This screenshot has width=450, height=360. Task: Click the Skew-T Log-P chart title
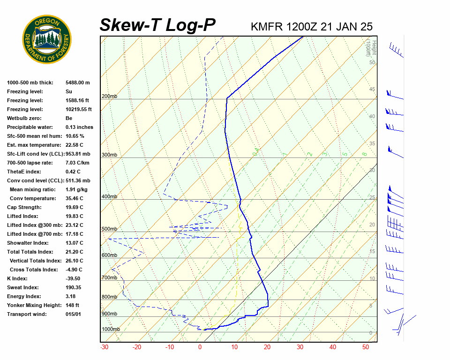pos(157,25)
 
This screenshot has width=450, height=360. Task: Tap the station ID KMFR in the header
pos(267,27)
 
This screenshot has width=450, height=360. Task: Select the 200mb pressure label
pos(109,96)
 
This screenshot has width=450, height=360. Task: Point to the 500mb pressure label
pos(109,229)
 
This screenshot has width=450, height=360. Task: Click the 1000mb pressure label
pos(111,329)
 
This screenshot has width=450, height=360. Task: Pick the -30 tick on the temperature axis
pos(105,347)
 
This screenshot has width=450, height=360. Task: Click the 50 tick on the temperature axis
pos(366,347)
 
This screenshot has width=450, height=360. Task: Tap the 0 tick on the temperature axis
pos(200,347)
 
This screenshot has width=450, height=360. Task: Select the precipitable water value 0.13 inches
pos(79,127)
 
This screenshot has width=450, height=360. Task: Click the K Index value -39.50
pos(74,278)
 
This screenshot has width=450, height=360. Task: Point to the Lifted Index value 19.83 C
pos(74,216)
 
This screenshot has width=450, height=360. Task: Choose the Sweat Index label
pos(23,287)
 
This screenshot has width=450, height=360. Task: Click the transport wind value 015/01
pos(73,314)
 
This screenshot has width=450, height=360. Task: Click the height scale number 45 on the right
pos(372,89)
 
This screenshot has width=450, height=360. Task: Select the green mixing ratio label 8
pos(364,153)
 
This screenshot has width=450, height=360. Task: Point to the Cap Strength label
pos(24,207)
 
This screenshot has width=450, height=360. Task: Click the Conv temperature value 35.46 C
pos(74,198)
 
